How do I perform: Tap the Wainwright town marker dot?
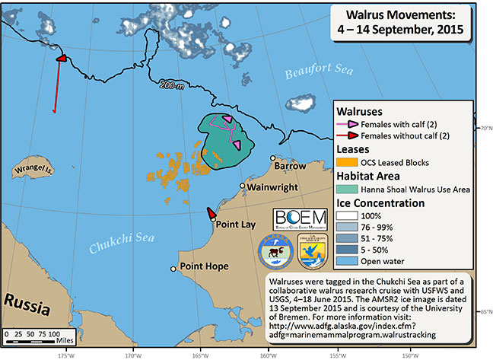[243, 186]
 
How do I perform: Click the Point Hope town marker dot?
[173, 268]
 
